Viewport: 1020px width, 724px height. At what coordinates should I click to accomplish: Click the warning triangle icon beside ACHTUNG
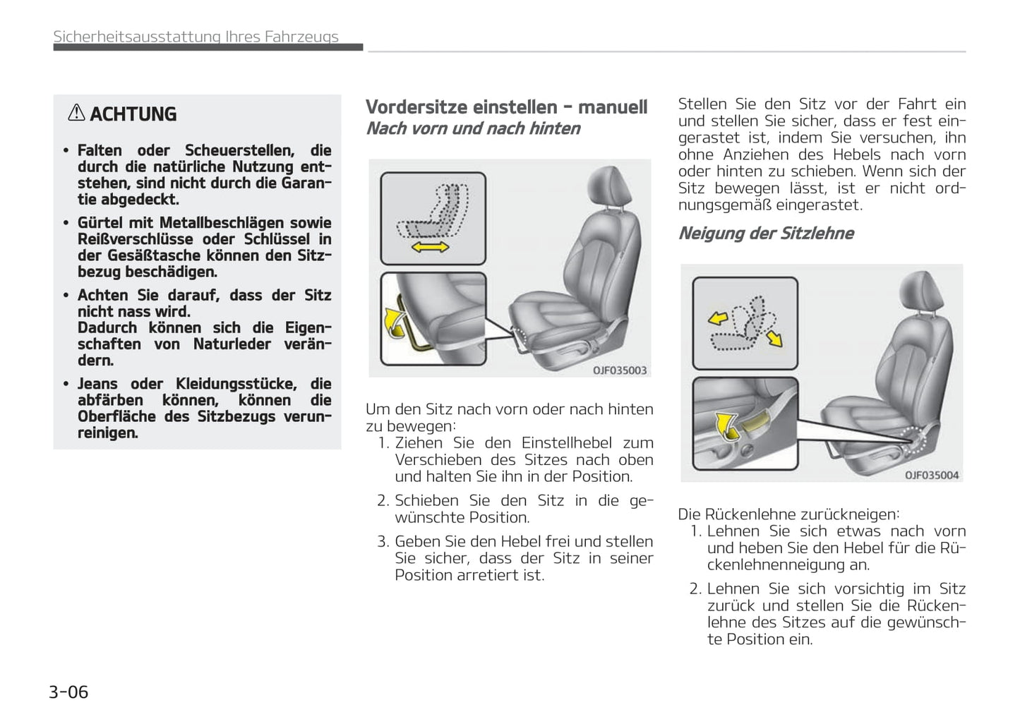click(76, 113)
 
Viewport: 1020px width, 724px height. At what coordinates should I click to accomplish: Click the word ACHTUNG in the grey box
click(133, 114)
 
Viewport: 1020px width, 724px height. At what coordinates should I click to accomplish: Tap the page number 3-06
click(68, 692)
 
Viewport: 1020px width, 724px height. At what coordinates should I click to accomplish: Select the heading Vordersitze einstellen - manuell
click(506, 107)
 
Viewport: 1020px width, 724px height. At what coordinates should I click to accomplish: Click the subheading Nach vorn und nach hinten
click(473, 128)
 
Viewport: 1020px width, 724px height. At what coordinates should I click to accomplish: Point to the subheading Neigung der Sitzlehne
click(766, 234)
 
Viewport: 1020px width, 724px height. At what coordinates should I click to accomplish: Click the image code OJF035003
click(619, 370)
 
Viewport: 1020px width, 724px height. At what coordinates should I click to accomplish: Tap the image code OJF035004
click(932, 475)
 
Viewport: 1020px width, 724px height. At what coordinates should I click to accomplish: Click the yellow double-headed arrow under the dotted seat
click(430, 246)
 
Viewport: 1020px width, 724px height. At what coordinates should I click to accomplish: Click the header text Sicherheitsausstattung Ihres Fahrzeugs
click(196, 37)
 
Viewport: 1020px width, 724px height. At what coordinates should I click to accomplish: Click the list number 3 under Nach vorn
click(383, 542)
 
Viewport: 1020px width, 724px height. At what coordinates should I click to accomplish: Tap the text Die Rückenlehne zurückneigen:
click(788, 514)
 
